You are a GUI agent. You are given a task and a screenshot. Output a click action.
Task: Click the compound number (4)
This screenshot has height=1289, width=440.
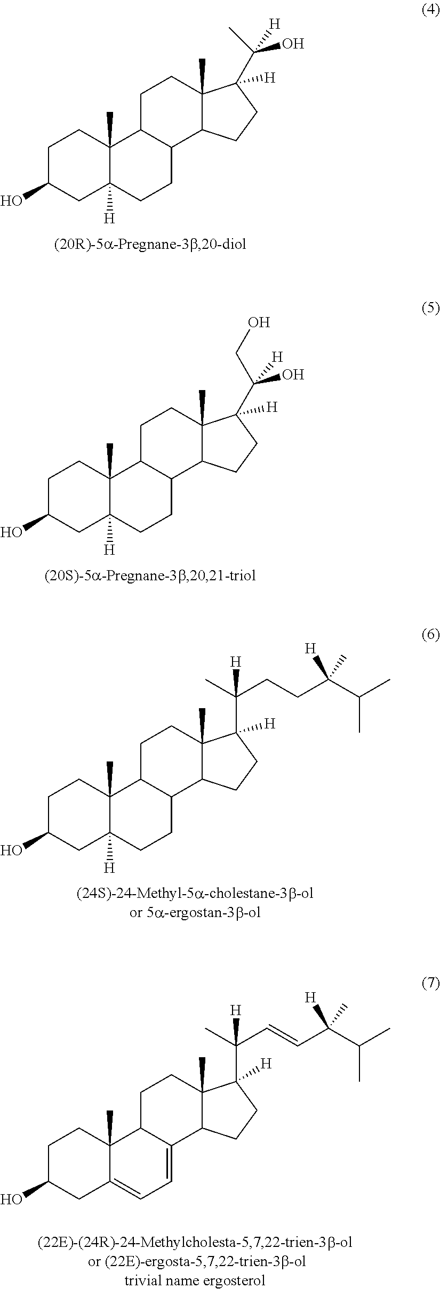(430, 10)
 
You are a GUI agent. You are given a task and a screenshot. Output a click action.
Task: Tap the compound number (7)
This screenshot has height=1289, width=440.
(430, 984)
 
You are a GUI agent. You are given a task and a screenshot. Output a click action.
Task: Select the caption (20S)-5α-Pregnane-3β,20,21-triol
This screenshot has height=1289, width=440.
(150, 575)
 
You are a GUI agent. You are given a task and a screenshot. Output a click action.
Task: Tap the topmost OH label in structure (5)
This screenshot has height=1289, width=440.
(259, 322)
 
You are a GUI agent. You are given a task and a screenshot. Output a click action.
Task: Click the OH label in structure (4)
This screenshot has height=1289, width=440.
(293, 44)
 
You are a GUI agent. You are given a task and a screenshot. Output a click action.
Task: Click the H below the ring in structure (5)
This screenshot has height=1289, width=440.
(109, 549)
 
